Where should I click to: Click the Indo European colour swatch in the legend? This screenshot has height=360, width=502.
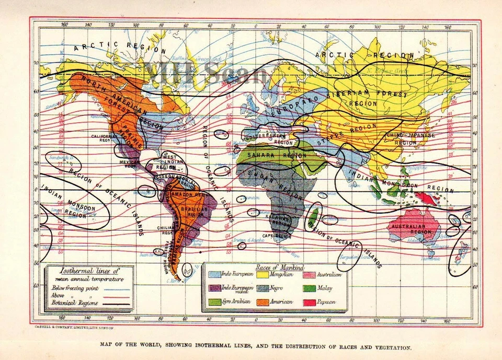(x=214, y=274)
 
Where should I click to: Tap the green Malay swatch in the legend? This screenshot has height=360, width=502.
(x=309, y=288)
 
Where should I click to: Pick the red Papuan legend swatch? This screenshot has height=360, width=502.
(x=309, y=301)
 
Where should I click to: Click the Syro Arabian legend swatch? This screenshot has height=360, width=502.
(x=214, y=301)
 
